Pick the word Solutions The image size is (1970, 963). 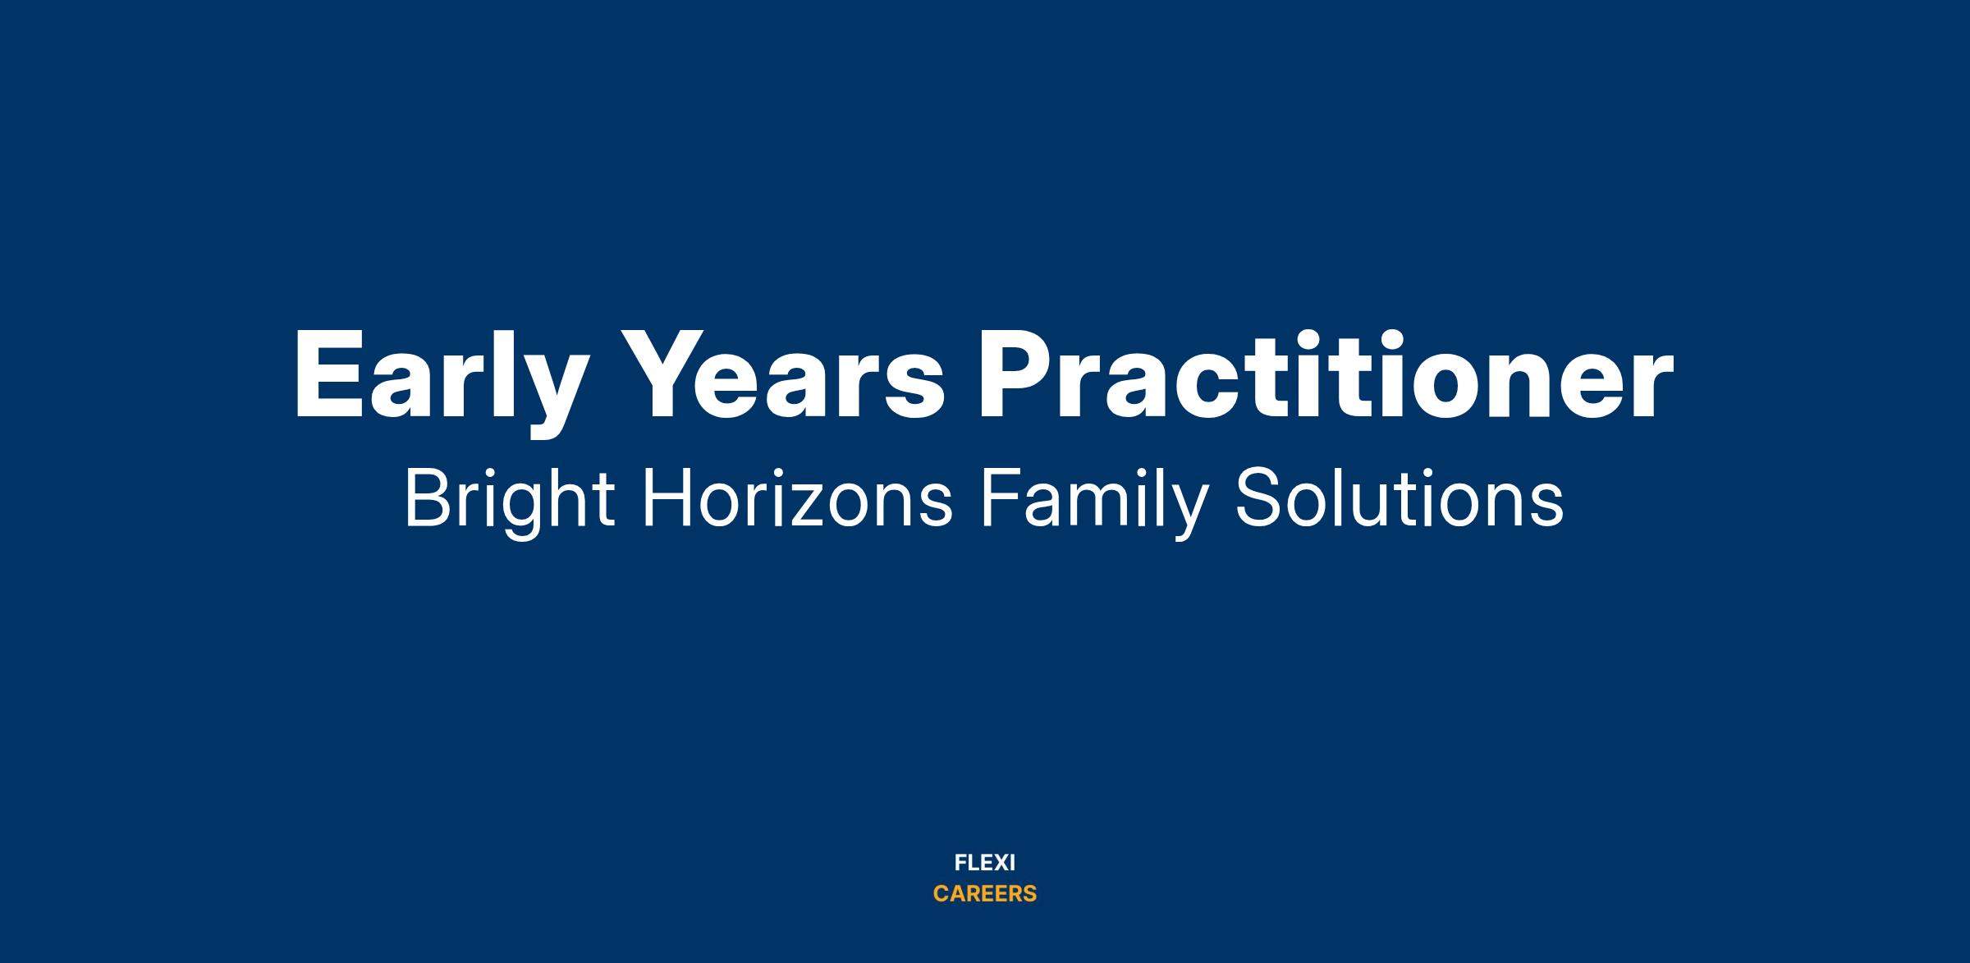[1400, 498]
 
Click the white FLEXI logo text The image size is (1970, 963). [985, 863]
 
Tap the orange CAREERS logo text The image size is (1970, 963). [985, 894]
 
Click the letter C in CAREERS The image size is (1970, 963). [941, 894]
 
